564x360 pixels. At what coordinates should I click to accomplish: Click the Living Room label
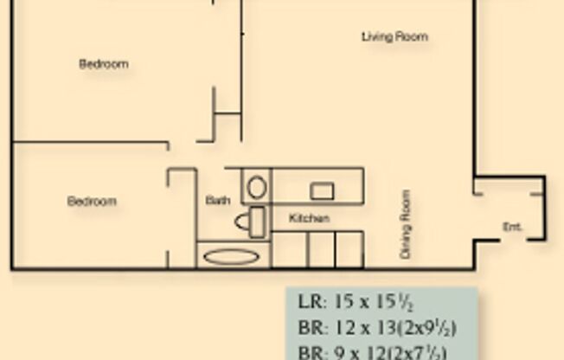394,37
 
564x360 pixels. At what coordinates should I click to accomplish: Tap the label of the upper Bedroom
104,64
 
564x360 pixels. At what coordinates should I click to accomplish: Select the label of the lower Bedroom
92,202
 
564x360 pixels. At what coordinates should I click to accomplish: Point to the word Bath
218,201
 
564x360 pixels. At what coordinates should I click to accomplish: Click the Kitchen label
309,219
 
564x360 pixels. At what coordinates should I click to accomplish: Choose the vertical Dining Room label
404,225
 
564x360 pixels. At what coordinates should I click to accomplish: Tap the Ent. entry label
512,227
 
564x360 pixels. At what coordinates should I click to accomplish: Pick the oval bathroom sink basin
256,187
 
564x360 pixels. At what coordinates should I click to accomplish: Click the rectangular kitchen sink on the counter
323,190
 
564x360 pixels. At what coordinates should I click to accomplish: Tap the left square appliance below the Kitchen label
321,248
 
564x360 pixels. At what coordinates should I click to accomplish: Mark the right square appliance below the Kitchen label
348,248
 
